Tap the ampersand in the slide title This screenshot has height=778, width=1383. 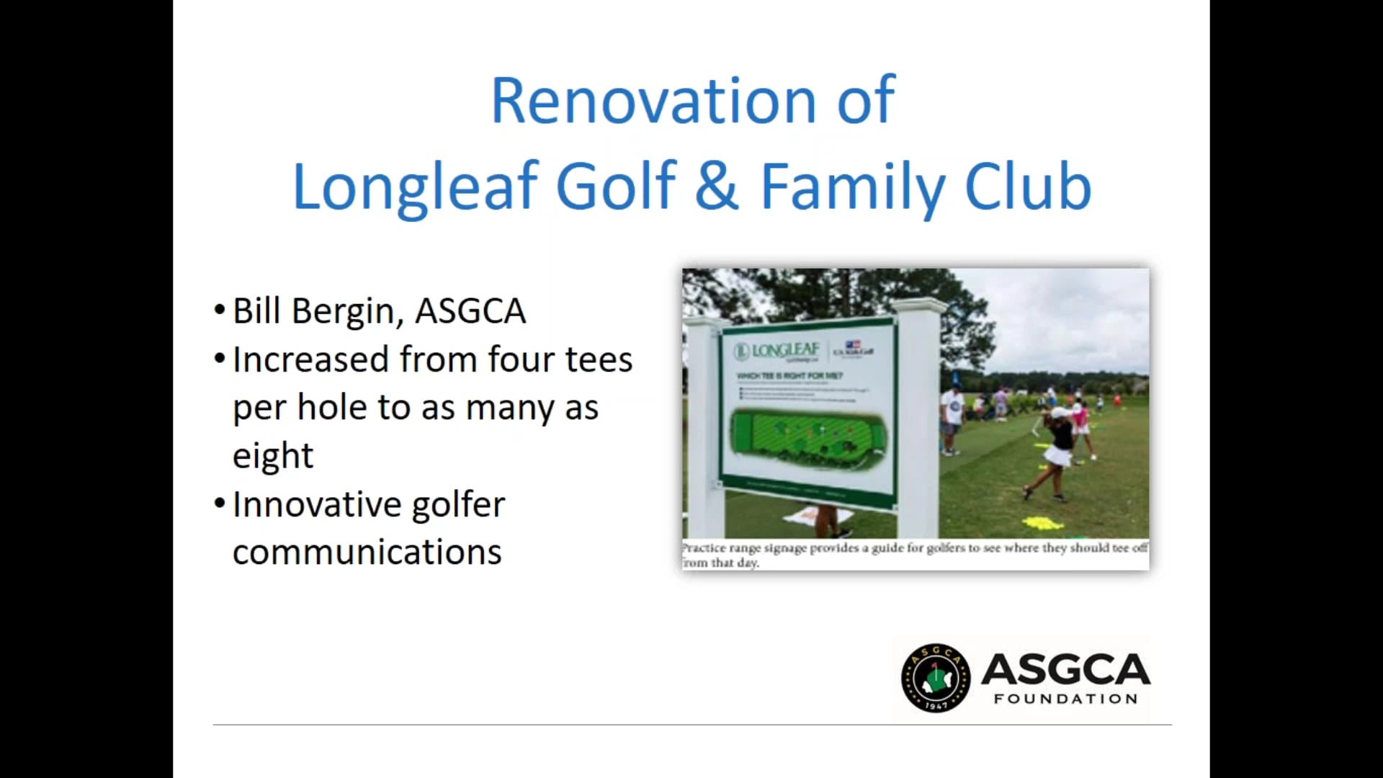[717, 186]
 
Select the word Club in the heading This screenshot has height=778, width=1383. [1028, 186]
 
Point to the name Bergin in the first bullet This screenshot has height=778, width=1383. [344, 311]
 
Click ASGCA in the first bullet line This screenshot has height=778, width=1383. [470, 311]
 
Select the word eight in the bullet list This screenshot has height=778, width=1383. [273, 456]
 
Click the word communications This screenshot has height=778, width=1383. [367, 553]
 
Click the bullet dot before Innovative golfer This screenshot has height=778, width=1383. [220, 503]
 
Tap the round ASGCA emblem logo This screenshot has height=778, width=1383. [935, 678]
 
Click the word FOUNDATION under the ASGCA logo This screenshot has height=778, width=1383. [1065, 699]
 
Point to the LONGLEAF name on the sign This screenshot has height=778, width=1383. [785, 351]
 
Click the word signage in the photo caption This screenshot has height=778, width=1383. [785, 548]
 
